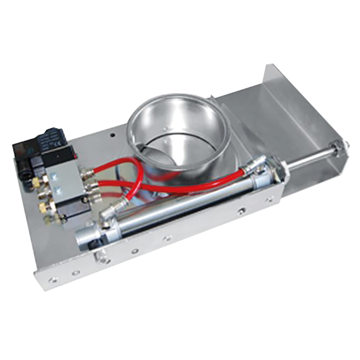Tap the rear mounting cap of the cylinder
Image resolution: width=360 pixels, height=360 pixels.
(85, 237)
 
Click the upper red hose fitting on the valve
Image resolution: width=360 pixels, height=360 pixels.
(89, 172)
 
